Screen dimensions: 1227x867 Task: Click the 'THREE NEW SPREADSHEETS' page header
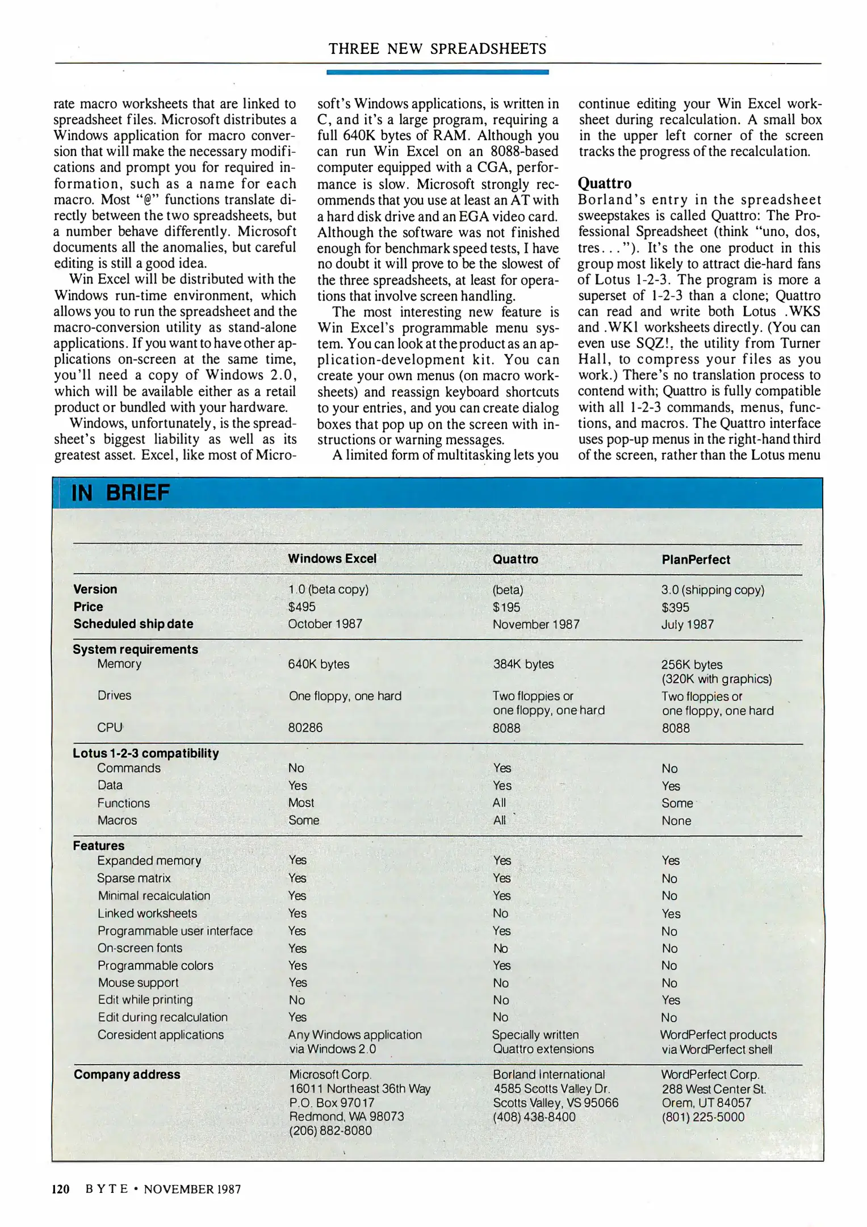(x=437, y=49)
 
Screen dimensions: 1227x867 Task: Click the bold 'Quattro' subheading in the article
(x=604, y=183)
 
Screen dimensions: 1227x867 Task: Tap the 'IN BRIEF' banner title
(x=120, y=493)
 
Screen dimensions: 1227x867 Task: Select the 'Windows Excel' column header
(x=332, y=558)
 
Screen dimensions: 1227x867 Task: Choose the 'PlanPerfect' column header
(x=696, y=560)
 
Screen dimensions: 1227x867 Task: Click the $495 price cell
(x=301, y=607)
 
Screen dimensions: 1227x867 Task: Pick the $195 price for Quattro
(x=506, y=607)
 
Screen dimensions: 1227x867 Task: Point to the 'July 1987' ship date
(x=687, y=624)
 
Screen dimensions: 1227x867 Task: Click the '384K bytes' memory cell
(x=523, y=664)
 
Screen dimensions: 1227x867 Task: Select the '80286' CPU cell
(x=305, y=728)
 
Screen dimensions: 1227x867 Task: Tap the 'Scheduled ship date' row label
(x=133, y=624)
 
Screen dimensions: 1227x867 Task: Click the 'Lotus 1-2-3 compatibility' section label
(x=145, y=753)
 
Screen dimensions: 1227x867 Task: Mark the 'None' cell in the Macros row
(x=676, y=821)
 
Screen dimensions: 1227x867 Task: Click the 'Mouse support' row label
(x=138, y=983)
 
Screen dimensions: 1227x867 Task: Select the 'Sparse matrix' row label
(x=133, y=878)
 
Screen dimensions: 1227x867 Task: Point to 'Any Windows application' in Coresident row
(x=355, y=1034)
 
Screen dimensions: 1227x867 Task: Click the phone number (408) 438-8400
(x=534, y=1117)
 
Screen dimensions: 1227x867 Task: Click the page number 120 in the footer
(x=61, y=1189)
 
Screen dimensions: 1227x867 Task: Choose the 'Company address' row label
(x=127, y=1074)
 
